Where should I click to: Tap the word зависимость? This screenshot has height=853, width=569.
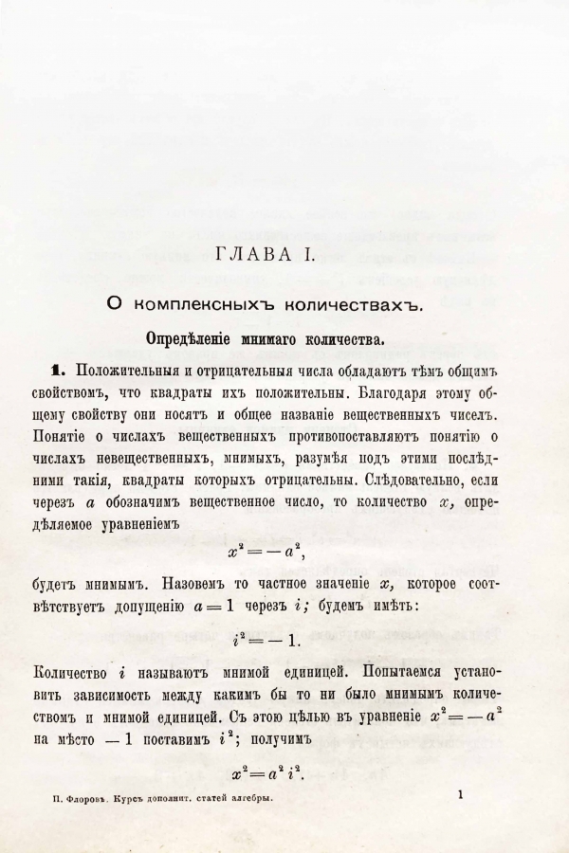[96, 696]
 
